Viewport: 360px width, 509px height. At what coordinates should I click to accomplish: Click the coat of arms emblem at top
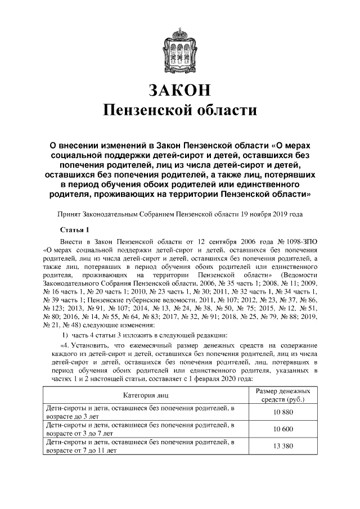tap(180, 50)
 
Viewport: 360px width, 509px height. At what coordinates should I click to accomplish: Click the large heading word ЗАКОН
tap(180, 89)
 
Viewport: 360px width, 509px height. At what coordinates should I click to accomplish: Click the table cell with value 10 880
tap(284, 413)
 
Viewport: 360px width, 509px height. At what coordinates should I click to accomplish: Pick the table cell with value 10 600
tap(284, 429)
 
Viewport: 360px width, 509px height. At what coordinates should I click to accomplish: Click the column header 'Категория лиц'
tap(147, 395)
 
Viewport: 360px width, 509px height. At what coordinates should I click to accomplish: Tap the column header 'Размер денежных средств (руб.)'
tap(284, 395)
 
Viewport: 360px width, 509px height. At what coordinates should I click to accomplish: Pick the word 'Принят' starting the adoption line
tap(70, 214)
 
